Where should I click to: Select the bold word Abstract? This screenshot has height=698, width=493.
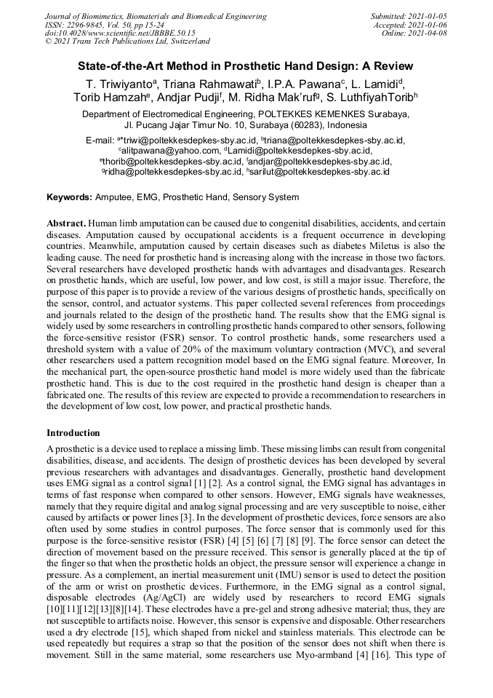[67, 222]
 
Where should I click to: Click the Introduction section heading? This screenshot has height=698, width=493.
[73, 433]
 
